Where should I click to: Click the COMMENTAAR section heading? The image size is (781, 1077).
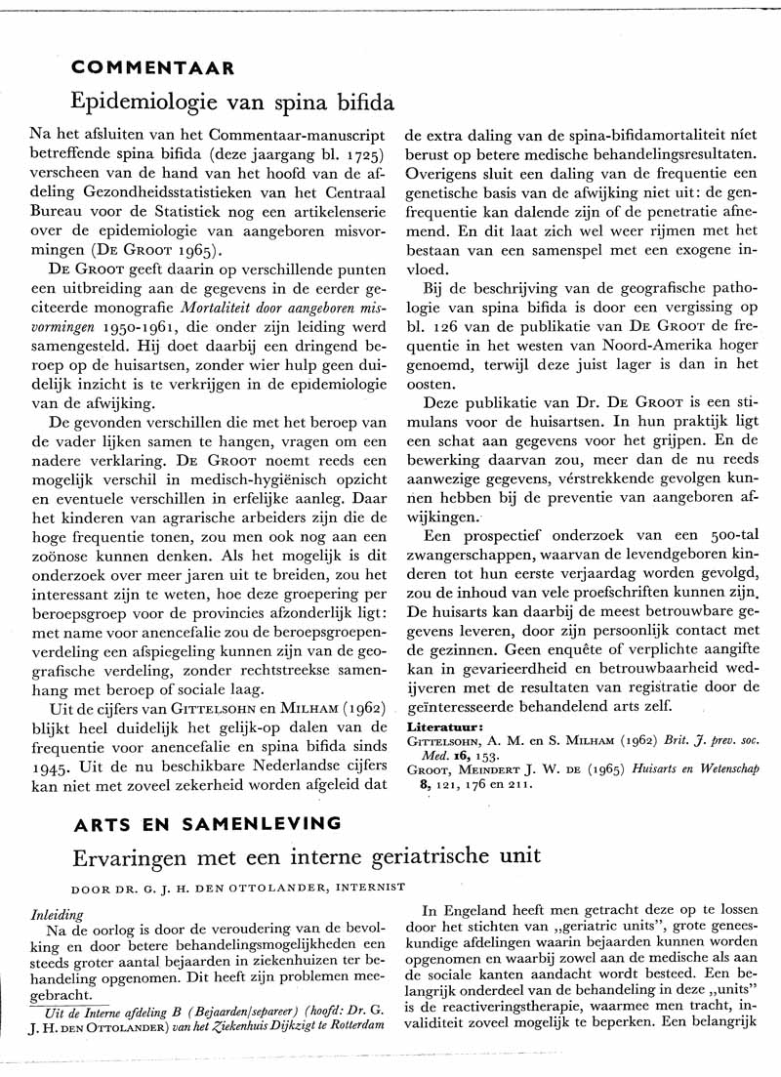pyautogui.click(x=152, y=68)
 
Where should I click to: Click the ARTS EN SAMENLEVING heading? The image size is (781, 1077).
pyautogui.click(x=208, y=822)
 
